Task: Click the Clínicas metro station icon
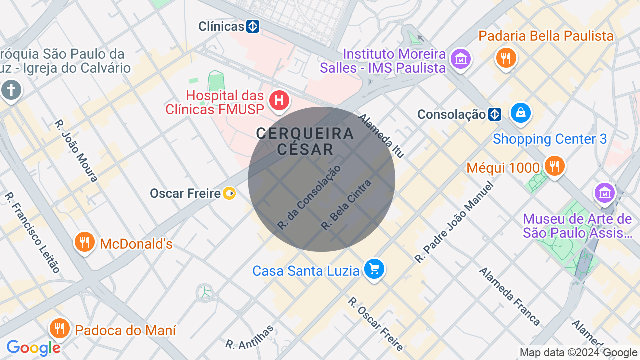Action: (253, 26)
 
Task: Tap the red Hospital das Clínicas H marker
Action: (279, 100)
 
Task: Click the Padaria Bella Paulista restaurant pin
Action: (506, 58)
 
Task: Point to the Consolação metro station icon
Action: (495, 114)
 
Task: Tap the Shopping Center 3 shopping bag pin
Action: (521, 113)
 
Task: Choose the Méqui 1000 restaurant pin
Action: (554, 166)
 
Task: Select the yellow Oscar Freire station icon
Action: (229, 193)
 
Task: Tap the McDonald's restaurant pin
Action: (84, 242)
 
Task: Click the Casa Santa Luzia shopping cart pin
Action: (374, 269)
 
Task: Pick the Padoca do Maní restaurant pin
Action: (60, 329)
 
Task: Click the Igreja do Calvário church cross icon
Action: (11, 90)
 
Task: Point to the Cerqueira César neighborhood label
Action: (305, 141)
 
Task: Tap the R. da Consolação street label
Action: (309, 197)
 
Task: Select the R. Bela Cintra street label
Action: (347, 205)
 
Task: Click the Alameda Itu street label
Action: (381, 136)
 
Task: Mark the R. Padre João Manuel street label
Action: (454, 223)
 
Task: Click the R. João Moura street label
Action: (76, 150)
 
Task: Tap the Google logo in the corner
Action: (33, 348)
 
